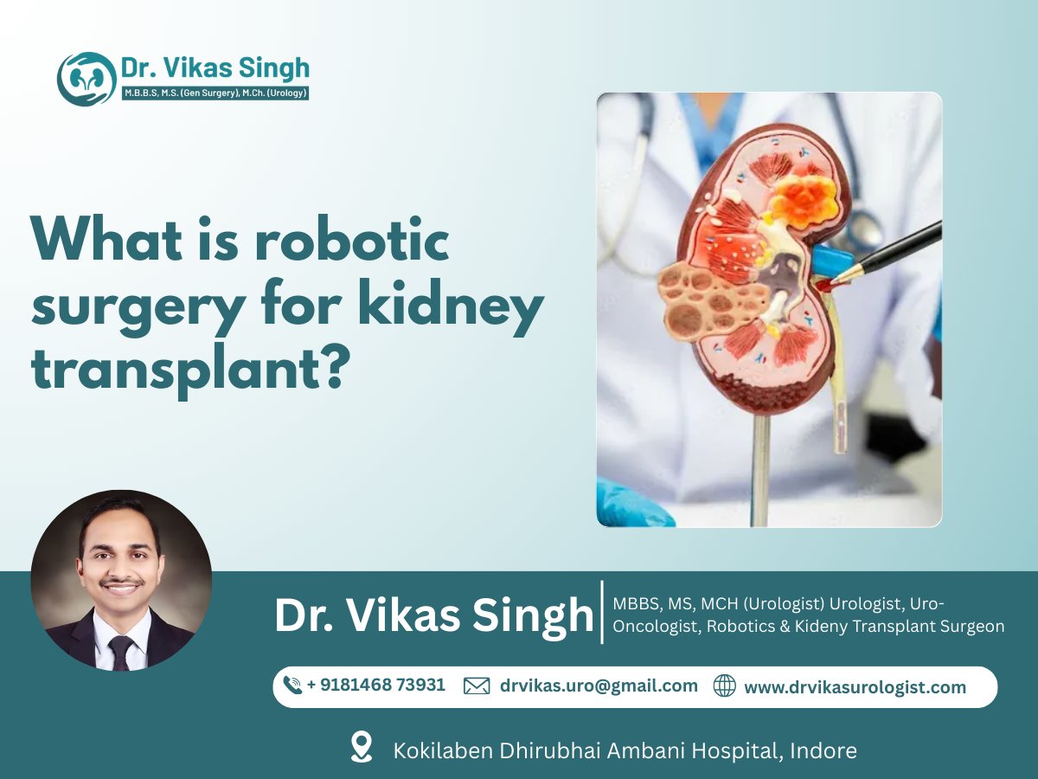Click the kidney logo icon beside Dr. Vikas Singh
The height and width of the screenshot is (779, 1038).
point(86,79)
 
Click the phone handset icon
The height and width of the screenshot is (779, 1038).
point(293,686)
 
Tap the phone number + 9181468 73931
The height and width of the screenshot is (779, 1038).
point(376,686)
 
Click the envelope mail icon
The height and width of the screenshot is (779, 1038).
point(477,686)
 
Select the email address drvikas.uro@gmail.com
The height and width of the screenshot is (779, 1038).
point(599,686)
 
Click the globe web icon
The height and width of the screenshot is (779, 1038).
point(724,686)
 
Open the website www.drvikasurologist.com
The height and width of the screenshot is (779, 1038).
point(855,687)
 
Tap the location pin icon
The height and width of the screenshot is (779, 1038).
point(362,747)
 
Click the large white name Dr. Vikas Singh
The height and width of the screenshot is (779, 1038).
point(434,615)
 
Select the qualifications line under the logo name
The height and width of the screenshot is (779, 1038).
point(215,93)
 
